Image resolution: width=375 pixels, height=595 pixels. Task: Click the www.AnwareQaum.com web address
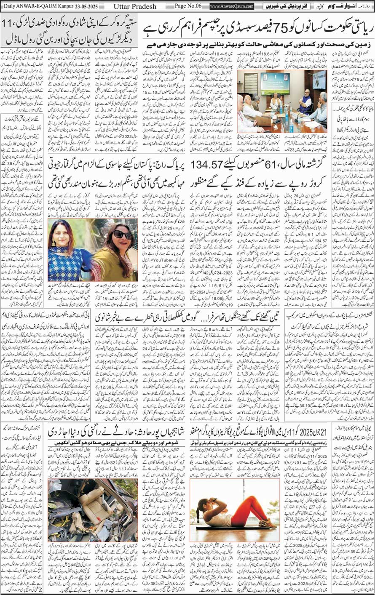click(231, 6)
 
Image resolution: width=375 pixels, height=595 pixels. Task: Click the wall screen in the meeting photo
click(274, 81)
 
